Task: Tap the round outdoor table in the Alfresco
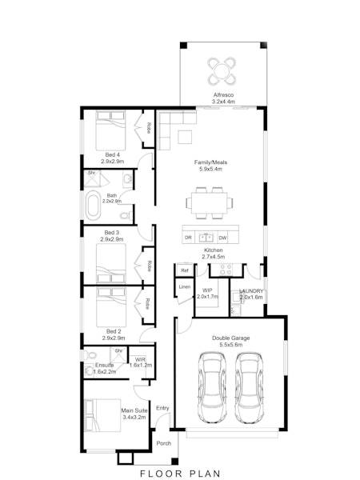(x=222, y=70)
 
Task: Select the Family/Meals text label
(x=210, y=162)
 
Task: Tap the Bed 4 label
(x=112, y=154)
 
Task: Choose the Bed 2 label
(x=112, y=330)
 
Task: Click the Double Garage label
(x=230, y=338)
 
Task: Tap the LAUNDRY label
(x=251, y=291)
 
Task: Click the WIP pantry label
(x=207, y=291)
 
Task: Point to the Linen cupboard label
(x=184, y=286)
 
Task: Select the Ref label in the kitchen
(x=184, y=270)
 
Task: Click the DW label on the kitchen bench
(x=223, y=238)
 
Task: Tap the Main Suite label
(x=134, y=411)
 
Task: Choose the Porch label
(x=163, y=443)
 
